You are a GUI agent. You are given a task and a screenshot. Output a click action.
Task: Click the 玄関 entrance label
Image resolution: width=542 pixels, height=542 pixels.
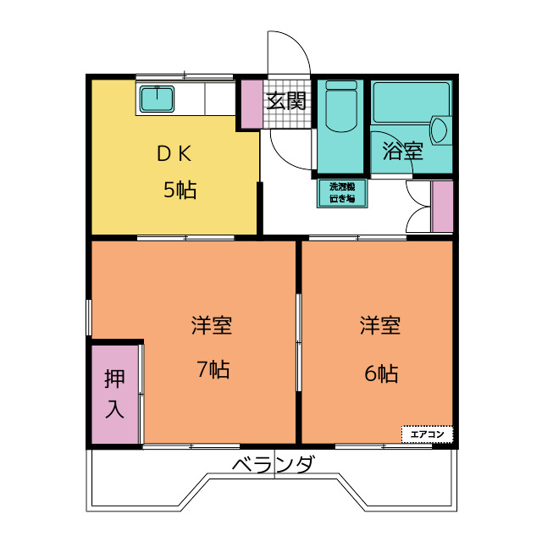286,101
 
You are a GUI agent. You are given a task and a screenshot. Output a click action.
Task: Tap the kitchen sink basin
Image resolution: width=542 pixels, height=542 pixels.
157,99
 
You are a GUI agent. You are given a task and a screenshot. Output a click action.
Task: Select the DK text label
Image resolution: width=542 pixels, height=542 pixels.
174,154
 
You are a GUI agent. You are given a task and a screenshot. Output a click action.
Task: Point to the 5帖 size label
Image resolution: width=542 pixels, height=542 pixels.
180,190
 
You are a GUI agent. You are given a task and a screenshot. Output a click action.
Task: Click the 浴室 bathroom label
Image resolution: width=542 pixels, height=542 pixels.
403,151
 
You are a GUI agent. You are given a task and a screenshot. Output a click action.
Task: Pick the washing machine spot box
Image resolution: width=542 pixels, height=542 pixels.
342,193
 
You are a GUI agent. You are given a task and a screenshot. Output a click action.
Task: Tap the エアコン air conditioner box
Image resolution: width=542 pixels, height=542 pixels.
427,434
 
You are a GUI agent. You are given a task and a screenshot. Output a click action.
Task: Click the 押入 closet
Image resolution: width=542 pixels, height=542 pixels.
115,394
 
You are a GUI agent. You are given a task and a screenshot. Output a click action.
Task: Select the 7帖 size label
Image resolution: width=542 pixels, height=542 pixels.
213,369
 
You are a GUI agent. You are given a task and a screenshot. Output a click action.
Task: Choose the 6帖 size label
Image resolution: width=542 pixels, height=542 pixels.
381,373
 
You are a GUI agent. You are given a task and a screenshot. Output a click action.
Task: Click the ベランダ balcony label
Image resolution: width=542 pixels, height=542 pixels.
273,464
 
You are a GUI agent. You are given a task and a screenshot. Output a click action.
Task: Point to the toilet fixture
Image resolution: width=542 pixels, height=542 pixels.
341,106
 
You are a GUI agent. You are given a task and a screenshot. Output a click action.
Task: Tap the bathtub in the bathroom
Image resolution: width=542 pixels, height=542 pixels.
412,102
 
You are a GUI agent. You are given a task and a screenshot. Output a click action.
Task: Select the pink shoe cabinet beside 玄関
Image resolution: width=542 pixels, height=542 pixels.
252,104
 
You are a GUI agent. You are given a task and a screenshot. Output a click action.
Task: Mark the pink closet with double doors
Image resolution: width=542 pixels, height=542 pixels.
442,207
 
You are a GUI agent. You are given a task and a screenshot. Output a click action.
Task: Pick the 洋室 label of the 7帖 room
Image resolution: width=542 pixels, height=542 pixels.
212,325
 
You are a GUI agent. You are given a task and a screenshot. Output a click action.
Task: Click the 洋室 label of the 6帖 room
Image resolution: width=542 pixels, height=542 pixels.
380,325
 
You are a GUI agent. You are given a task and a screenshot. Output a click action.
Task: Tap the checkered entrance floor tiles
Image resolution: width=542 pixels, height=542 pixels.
287,104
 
